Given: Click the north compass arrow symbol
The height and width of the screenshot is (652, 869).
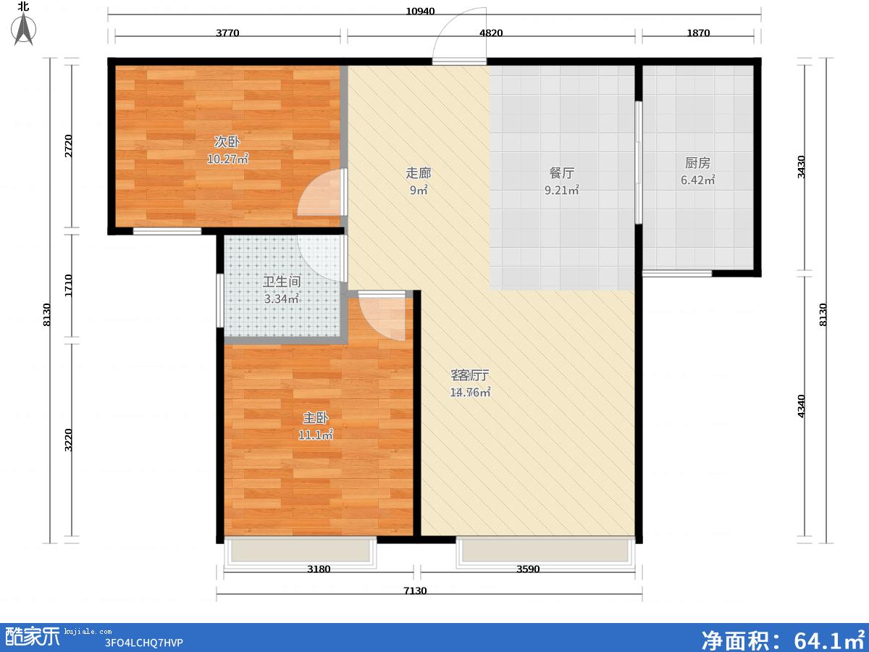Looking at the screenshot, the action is (24, 28).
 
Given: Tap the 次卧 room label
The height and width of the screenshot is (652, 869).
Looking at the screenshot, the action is (227, 141).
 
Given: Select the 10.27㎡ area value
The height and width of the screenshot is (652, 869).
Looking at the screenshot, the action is (227, 159).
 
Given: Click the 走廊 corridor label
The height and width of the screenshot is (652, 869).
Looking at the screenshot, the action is (418, 173).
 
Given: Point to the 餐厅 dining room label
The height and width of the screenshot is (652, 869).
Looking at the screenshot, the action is (561, 173).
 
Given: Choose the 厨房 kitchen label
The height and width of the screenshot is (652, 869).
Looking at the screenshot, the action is (697, 163).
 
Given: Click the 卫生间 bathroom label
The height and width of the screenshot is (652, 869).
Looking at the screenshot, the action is (282, 282).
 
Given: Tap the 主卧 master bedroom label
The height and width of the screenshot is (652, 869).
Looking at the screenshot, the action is (316, 418).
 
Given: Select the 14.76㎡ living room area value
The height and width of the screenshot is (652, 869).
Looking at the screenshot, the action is (470, 393).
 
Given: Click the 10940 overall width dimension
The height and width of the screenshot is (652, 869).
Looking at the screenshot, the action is (420, 12).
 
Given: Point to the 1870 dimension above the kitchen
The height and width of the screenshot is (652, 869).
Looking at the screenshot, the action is (698, 33).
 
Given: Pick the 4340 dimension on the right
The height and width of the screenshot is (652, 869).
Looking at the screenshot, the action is (802, 406).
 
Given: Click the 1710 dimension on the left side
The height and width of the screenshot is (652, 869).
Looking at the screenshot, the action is (69, 285).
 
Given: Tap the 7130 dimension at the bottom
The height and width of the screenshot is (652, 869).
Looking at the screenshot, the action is (415, 590).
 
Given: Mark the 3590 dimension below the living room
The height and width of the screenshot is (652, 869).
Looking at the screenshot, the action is (528, 569).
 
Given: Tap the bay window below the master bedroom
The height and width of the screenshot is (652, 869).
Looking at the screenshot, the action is (300, 552).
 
